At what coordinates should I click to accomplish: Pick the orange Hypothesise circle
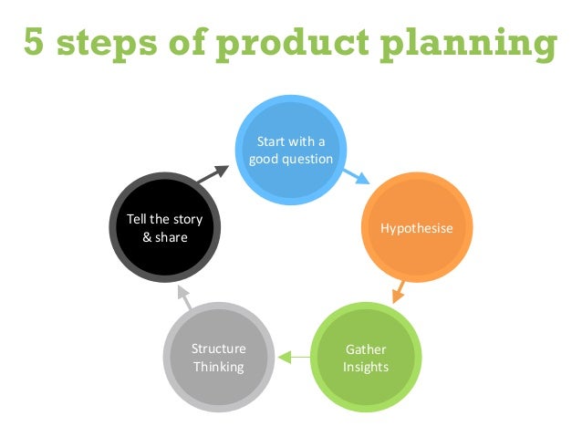416,227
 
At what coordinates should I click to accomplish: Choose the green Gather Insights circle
367,358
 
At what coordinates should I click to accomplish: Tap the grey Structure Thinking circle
219,358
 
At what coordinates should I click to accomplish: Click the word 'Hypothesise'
416,227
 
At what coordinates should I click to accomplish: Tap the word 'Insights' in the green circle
366,367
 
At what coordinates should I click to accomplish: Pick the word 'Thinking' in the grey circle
219,367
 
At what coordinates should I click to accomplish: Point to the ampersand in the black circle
149,237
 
